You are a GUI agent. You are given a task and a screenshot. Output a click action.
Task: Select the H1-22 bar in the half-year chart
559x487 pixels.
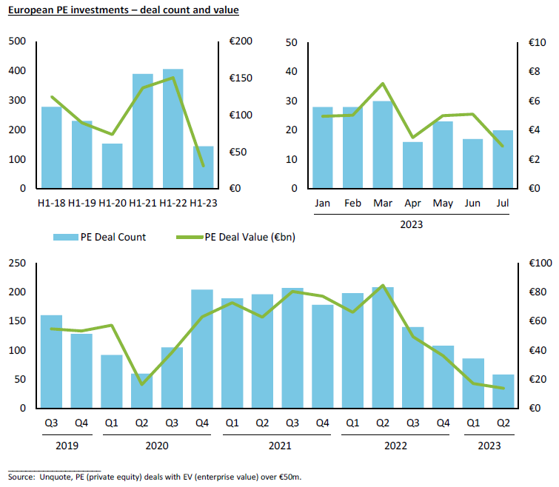click(173, 129)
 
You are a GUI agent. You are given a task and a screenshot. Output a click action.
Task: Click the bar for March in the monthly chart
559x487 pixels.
click(383, 144)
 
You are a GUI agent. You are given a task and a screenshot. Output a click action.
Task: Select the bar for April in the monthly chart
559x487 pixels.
click(413, 165)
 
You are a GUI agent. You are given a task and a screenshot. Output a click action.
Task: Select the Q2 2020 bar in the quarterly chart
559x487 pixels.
click(141, 391)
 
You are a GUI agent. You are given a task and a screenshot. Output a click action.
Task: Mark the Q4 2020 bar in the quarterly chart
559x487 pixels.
click(202, 349)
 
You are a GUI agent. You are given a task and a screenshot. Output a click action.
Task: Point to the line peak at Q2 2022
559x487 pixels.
click(382, 285)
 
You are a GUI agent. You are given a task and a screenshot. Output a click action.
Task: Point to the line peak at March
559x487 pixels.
click(383, 84)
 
